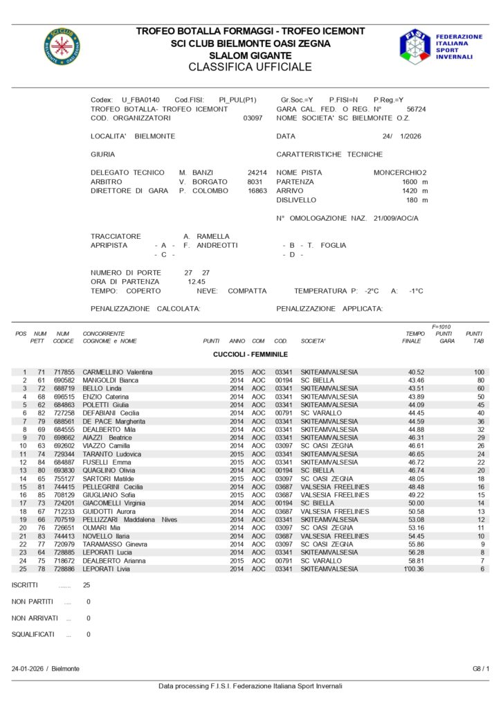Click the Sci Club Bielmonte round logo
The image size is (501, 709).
pyautogui.click(x=62, y=46)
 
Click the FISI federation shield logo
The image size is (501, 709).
pyautogui.click(x=415, y=46)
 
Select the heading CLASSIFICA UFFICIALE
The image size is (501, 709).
pyautogui.click(x=250, y=67)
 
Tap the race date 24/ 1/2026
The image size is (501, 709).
pyautogui.click(x=401, y=136)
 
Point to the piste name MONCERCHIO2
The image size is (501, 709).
pyautogui.click(x=400, y=172)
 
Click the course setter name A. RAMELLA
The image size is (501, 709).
pyautogui.click(x=206, y=236)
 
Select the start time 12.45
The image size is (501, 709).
pyautogui.click(x=197, y=282)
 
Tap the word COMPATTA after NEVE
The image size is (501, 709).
pyautogui.click(x=247, y=291)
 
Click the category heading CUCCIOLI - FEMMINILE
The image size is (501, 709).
pyautogui.click(x=250, y=354)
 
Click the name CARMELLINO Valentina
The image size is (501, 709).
pyautogui.click(x=118, y=373)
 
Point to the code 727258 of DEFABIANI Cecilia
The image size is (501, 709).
pyautogui.click(x=64, y=413)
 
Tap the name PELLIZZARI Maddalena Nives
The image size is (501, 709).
pyautogui.click(x=129, y=519)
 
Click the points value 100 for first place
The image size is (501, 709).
pyautogui.click(x=479, y=373)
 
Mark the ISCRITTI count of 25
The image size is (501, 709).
pyautogui.click(x=86, y=585)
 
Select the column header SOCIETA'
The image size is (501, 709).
pyautogui.click(x=313, y=341)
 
